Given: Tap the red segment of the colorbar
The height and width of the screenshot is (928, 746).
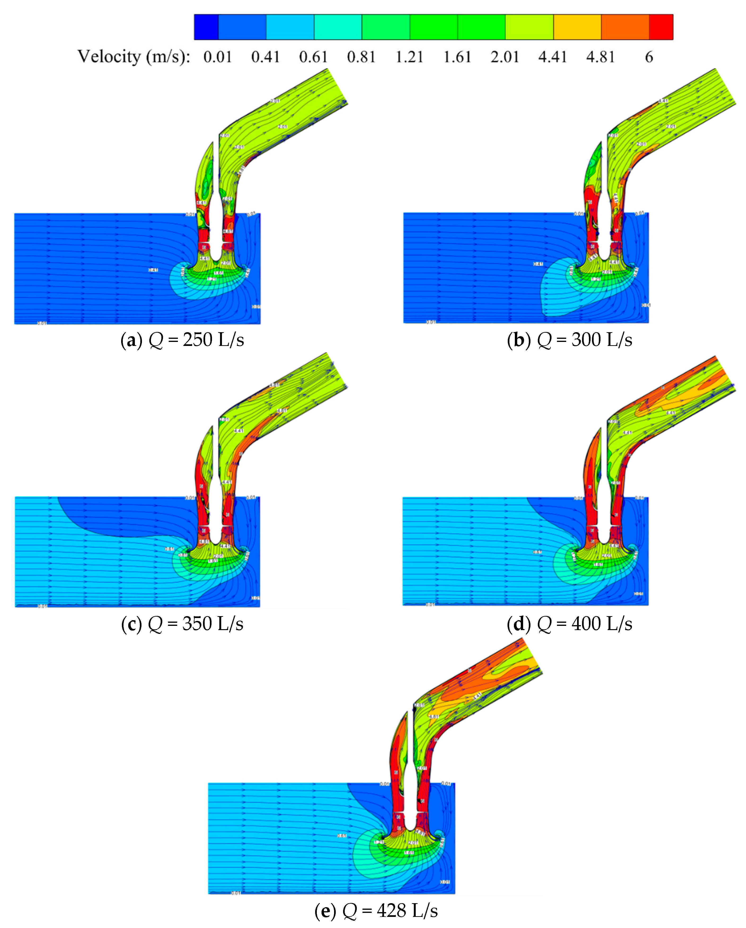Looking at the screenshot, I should point(661,27).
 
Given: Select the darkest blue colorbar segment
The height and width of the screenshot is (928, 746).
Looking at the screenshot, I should point(206,27).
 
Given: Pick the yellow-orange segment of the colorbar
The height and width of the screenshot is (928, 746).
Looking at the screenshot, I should point(577,27).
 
